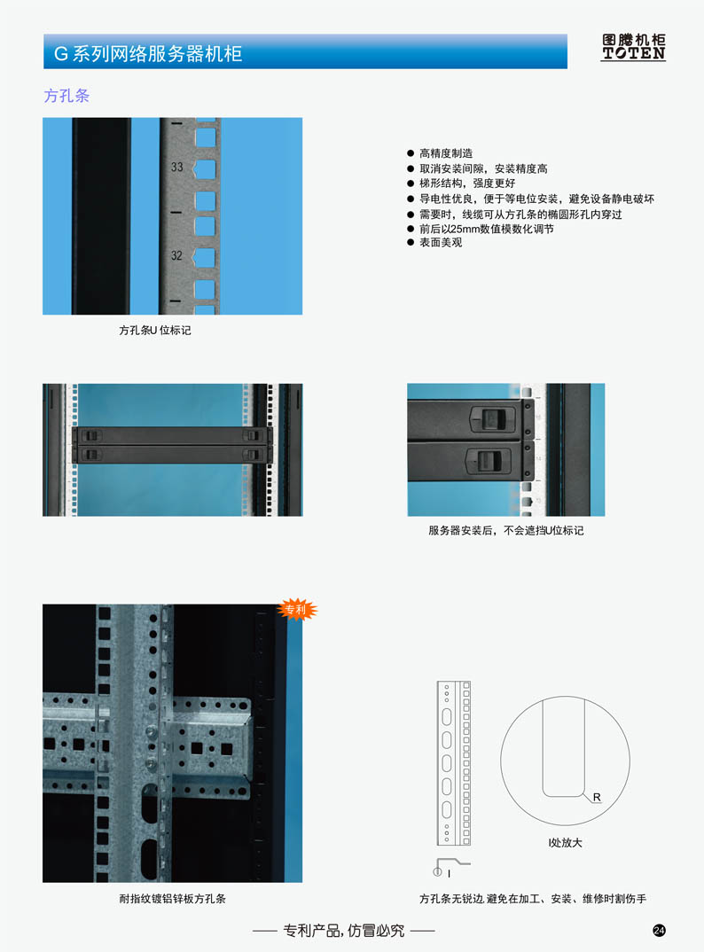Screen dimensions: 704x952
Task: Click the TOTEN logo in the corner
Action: click(634, 47)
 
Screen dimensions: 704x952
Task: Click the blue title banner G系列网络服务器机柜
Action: click(306, 51)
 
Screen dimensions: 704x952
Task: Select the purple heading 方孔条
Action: click(66, 96)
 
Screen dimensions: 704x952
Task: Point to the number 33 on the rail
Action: click(176, 167)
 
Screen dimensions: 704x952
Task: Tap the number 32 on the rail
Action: click(176, 255)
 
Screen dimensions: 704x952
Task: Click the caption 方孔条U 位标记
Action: click(155, 331)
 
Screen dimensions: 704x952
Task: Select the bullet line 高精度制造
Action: click(446, 153)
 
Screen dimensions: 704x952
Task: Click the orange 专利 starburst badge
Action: click(296, 610)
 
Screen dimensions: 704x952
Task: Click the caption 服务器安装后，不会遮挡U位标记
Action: click(506, 530)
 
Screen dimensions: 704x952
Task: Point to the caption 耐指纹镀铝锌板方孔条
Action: click(173, 899)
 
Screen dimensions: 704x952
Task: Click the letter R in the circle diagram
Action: click(597, 797)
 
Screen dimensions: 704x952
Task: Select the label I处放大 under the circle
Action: click(565, 843)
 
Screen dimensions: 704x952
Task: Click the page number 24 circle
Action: click(659, 930)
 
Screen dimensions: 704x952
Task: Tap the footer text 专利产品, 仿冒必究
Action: click(344, 930)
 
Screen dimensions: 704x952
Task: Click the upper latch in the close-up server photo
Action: click(493, 418)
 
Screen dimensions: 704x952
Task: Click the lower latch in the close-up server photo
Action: click(488, 461)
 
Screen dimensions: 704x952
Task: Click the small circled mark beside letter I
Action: click(437, 872)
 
